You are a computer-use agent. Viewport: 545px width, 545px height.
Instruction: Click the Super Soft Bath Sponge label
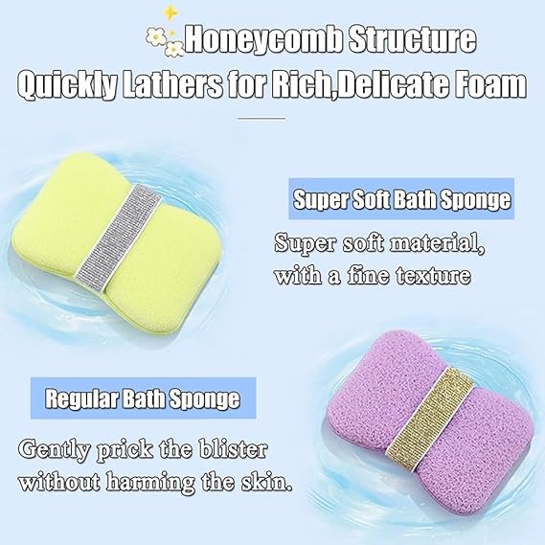coord(400,201)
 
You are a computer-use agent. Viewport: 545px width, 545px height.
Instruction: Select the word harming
coord(150,479)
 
